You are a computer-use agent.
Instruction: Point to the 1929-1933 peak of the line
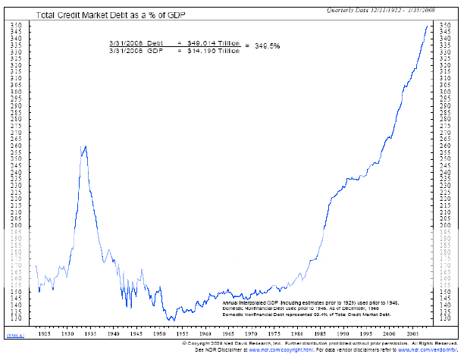[x=85, y=146]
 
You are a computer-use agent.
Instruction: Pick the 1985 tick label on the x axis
[x=319, y=333]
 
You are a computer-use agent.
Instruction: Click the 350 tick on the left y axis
[x=17, y=25]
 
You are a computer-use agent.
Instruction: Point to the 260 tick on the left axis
[x=17, y=146]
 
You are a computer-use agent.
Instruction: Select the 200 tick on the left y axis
[x=17, y=226]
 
